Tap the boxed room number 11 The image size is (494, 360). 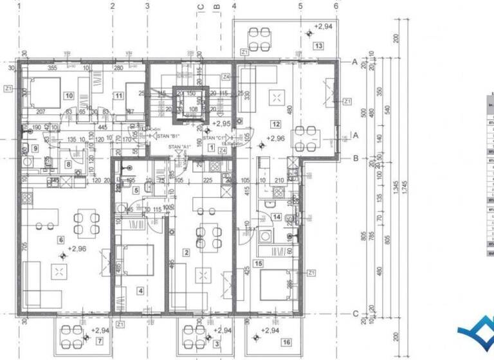click(x=118, y=96)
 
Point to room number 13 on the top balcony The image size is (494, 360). click(x=318, y=46)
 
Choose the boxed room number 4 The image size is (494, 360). click(x=141, y=290)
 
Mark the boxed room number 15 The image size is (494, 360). click(x=259, y=263)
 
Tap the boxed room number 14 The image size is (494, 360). click(x=277, y=218)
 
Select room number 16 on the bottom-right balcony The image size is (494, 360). click(x=286, y=341)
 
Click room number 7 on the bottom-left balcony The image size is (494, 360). click(x=100, y=339)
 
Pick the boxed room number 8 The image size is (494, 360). click(x=68, y=165)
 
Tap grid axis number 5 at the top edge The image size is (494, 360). click(x=300, y=6)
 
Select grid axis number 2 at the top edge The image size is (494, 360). click(x=113, y=6)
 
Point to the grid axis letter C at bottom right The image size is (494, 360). click(x=356, y=313)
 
